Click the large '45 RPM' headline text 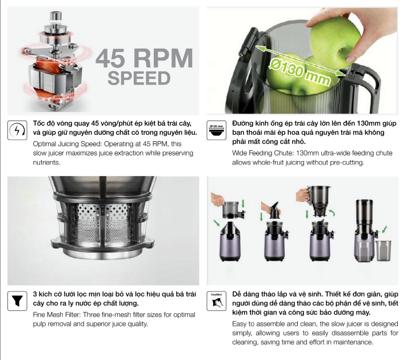tap(144, 58)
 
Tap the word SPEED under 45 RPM tap(139, 78)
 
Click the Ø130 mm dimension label tap(300, 71)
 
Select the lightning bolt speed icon tap(17, 130)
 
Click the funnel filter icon tap(17, 301)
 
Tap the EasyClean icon tap(217, 301)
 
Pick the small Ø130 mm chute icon tap(217, 130)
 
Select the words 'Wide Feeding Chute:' tap(263, 153)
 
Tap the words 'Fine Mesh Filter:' tap(57, 315)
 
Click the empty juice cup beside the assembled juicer tap(383, 250)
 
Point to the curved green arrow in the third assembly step tap(332, 212)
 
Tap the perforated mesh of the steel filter tap(103, 223)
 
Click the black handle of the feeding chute tap(368, 85)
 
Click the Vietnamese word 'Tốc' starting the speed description tap(38, 123)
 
